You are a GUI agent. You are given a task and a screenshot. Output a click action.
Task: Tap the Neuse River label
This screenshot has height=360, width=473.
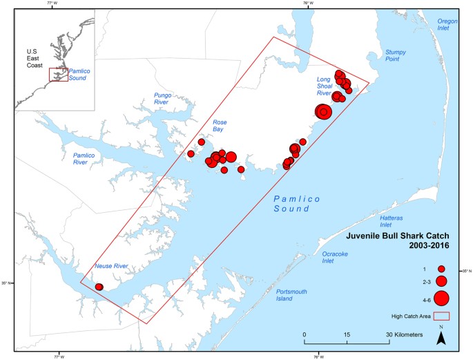tap(111, 266)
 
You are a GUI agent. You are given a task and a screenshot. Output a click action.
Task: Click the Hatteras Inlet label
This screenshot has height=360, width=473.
tap(395, 221)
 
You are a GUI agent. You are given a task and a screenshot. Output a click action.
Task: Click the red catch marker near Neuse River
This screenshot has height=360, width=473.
tap(99, 287)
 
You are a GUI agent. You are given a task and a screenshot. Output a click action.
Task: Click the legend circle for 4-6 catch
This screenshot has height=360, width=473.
tap(441, 299)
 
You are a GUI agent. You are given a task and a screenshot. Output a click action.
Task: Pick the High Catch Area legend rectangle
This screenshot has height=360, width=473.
tap(441, 316)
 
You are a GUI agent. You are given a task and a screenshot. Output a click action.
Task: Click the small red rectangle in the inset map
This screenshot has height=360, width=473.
tap(58, 74)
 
